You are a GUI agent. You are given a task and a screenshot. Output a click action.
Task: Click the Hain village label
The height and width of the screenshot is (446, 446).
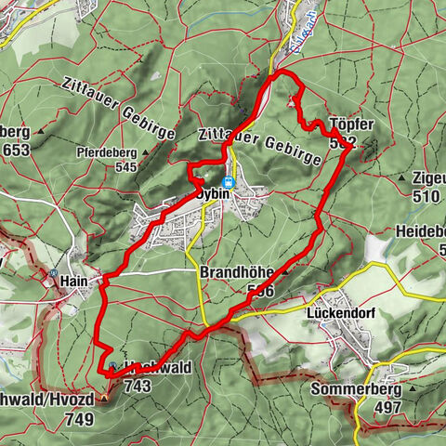click(73, 279)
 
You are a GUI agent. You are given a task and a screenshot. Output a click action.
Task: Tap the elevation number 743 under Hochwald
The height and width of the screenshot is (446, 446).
click(137, 385)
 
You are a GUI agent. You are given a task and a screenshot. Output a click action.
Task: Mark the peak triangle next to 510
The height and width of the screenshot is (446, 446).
click(402, 177)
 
